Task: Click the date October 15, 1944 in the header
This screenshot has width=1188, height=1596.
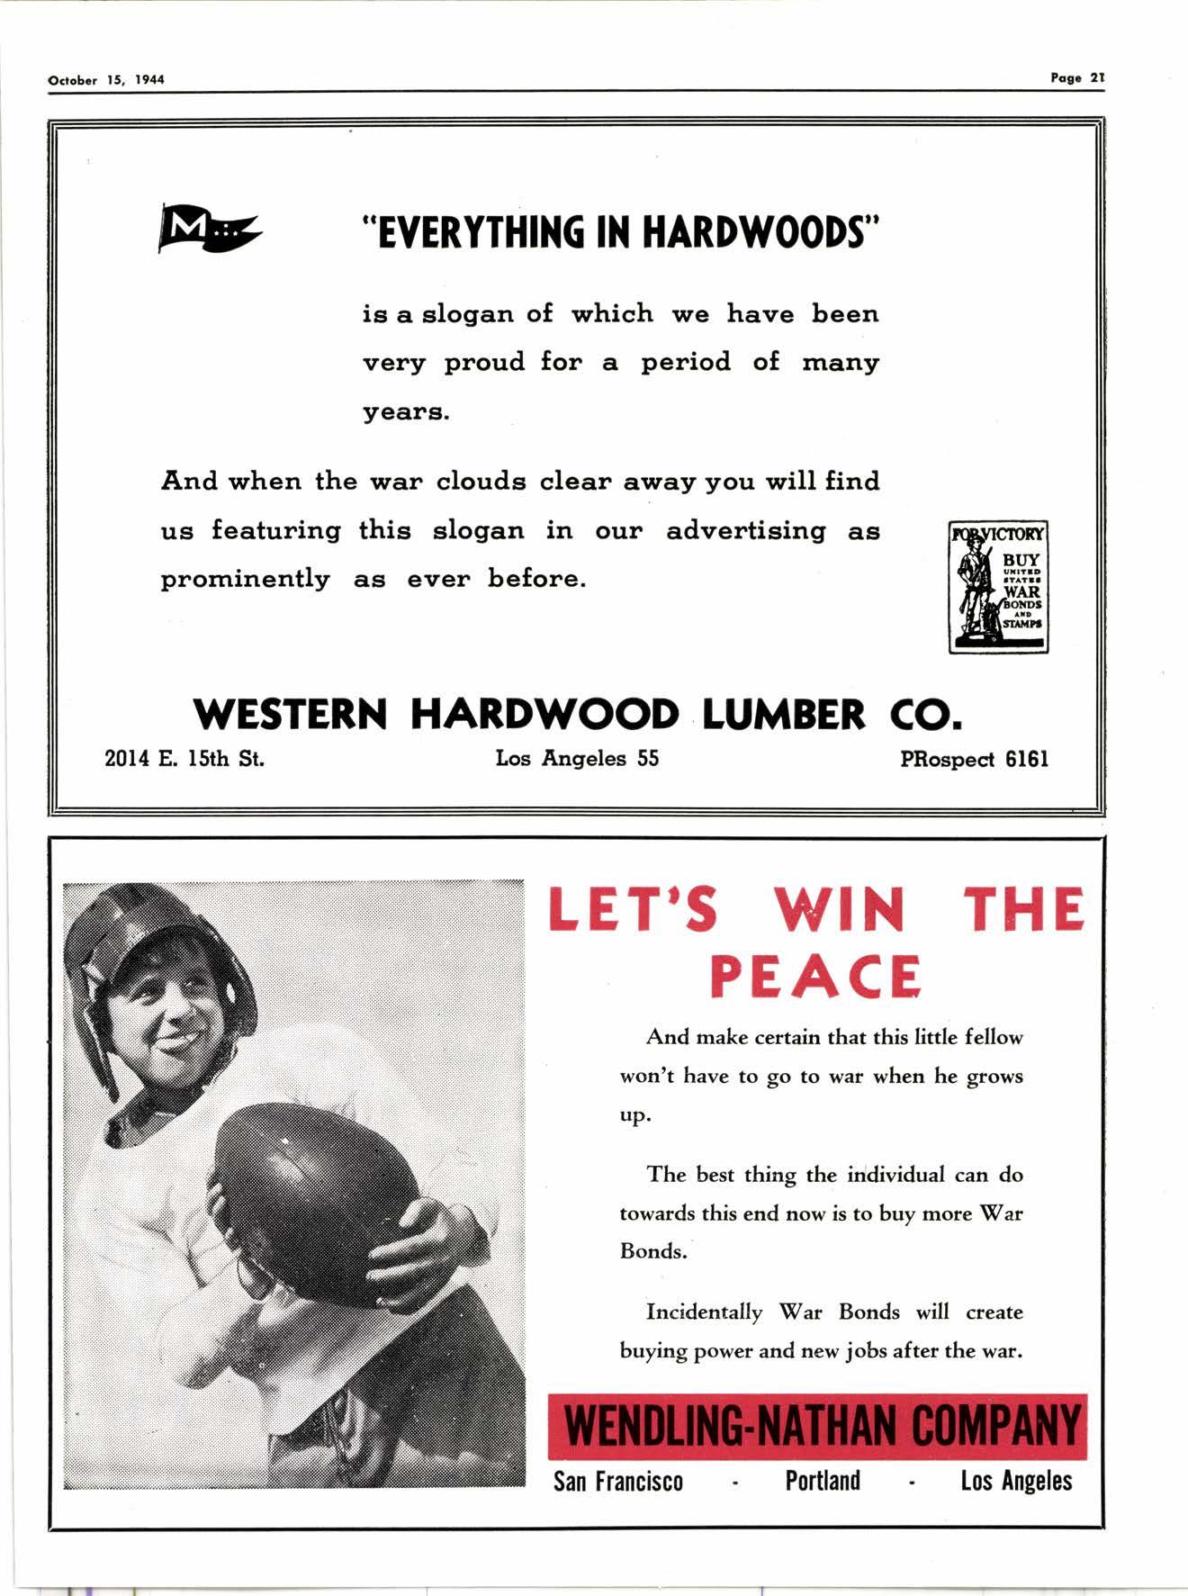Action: (106, 80)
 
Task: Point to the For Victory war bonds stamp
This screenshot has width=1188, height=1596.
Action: (998, 586)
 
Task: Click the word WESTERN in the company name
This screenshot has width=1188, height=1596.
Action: (290, 715)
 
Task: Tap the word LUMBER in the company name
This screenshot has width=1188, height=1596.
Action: (783, 715)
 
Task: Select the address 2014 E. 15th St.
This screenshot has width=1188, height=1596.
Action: (184, 759)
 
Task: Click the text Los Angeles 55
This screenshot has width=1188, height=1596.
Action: (577, 759)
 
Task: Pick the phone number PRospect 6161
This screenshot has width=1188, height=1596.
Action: (974, 760)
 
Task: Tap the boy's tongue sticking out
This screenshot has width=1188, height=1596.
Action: (180, 1042)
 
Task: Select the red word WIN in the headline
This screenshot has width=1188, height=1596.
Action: (839, 910)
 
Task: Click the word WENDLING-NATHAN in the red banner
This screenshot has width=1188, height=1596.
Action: (730, 1428)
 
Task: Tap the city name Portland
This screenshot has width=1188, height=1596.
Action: (823, 1481)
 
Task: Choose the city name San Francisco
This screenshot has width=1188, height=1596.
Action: (618, 1482)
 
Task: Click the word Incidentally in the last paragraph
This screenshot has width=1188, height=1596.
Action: (704, 1312)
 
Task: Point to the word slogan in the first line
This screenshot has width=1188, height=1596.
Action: (468, 314)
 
